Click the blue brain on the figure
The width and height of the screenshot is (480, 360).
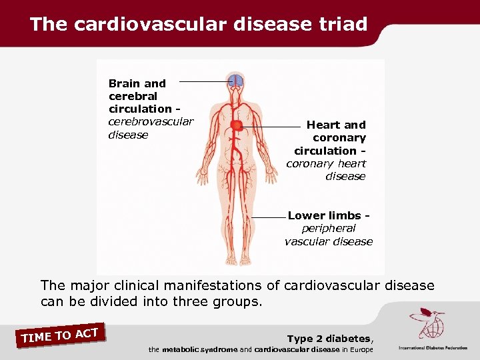click(235, 81)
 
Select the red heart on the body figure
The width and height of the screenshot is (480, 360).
click(236, 125)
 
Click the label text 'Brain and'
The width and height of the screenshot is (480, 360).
click(137, 83)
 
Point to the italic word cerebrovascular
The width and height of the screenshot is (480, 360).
click(151, 121)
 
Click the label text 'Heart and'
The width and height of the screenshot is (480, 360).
click(336, 125)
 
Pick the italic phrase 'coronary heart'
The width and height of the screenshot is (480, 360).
click(326, 163)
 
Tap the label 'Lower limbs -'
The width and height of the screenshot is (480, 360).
click(329, 215)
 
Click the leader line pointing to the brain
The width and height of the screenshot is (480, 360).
click(203, 81)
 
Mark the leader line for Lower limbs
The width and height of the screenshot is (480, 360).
click(269, 217)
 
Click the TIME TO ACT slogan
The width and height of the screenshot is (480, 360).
click(60, 335)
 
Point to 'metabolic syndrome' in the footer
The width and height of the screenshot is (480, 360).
click(199, 349)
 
